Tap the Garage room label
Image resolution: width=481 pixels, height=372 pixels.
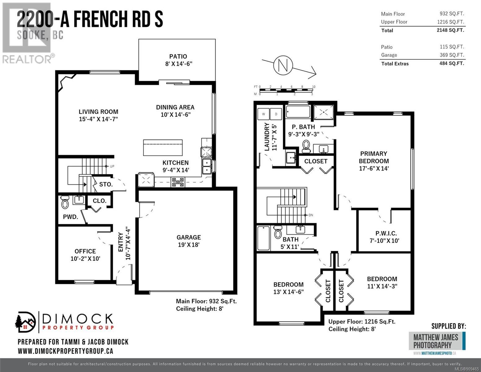[x=189, y=241]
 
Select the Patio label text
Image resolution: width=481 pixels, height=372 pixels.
[x=178, y=60]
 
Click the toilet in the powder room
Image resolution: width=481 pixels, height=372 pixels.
[x=65, y=202]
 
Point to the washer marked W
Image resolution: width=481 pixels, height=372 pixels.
[x=263, y=114]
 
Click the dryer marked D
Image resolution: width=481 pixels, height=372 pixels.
[x=276, y=114]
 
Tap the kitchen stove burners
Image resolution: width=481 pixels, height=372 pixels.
[x=178, y=182]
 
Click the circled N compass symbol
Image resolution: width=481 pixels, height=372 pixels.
[x=283, y=65]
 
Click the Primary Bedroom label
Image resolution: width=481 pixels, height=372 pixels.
[x=374, y=161]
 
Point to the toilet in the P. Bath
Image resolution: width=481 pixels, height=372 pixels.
[x=306, y=146]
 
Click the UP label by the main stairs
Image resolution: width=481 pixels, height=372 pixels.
[x=112, y=166]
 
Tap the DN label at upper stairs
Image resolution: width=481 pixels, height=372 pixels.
[x=311, y=215]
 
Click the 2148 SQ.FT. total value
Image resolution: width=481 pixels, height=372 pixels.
[x=450, y=30]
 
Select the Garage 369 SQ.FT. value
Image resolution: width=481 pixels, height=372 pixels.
[x=452, y=55]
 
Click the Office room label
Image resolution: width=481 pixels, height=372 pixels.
[x=85, y=255]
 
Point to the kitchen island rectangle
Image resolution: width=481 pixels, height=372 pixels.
[x=163, y=148]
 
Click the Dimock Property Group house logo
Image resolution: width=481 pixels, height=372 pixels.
[x=25, y=322]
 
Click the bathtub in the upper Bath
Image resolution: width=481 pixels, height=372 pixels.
[x=263, y=238]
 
